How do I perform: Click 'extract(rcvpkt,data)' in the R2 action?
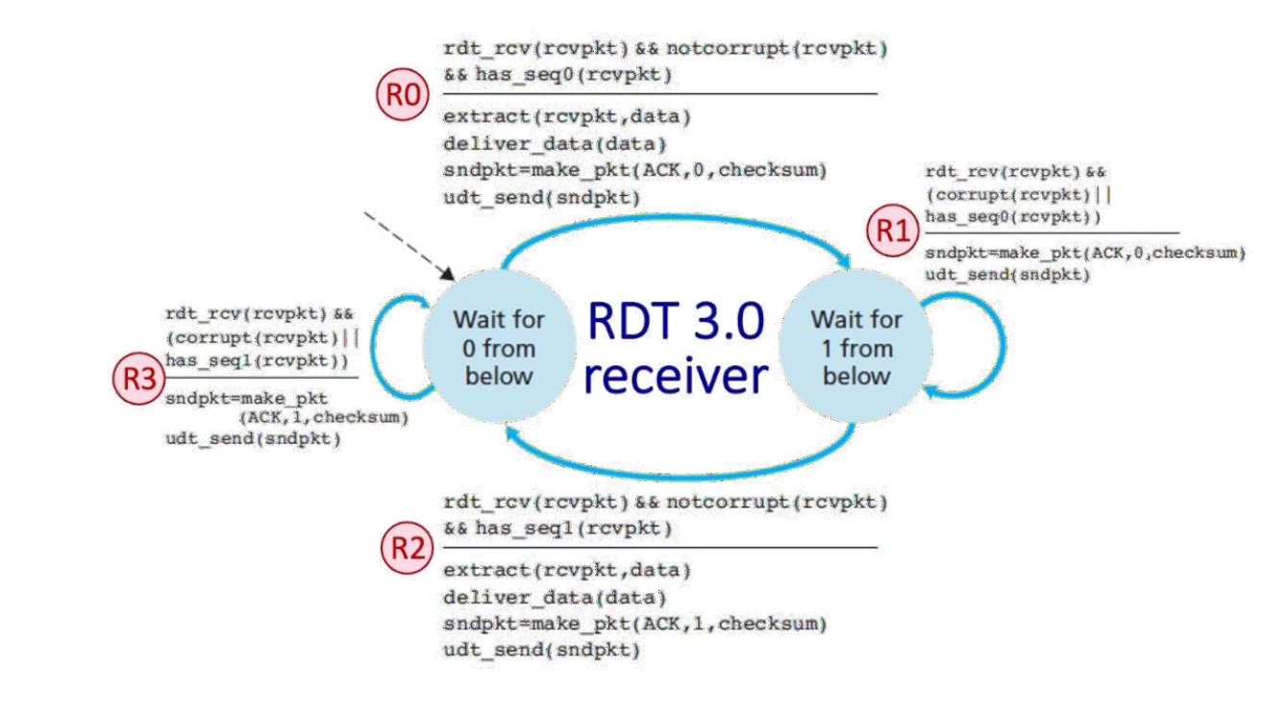(567, 571)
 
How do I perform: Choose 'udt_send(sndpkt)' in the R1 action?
(1007, 276)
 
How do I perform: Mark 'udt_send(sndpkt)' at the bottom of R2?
(541, 651)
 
